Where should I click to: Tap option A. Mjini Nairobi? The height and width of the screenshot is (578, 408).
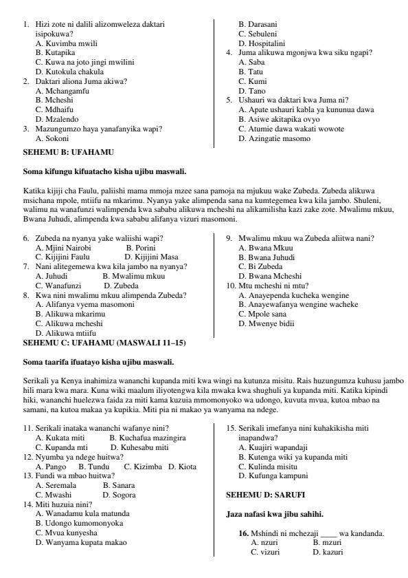pyautogui.click(x=63, y=246)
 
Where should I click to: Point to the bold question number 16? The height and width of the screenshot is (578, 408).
pyautogui.click(x=243, y=534)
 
